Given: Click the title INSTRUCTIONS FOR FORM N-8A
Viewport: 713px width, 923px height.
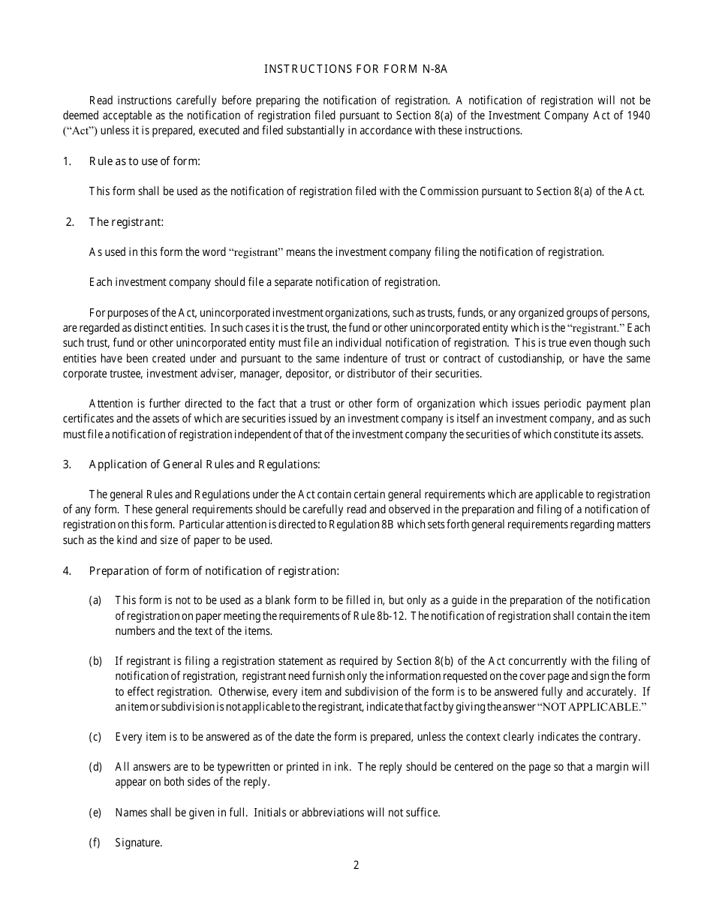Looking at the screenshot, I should [x=356, y=69].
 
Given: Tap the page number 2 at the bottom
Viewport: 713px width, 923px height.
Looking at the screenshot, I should [x=356, y=865].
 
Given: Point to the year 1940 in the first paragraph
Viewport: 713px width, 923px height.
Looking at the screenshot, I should [x=638, y=115].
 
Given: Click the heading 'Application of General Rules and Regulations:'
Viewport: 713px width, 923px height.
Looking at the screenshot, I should [x=204, y=464].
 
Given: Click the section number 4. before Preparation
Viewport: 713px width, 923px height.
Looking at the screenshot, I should [x=67, y=571].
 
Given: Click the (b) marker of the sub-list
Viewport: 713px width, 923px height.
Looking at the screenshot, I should [x=95, y=661].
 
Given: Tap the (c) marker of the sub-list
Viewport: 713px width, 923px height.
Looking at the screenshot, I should [x=95, y=737].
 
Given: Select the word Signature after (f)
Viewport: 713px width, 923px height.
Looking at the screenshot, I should [x=139, y=843].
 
